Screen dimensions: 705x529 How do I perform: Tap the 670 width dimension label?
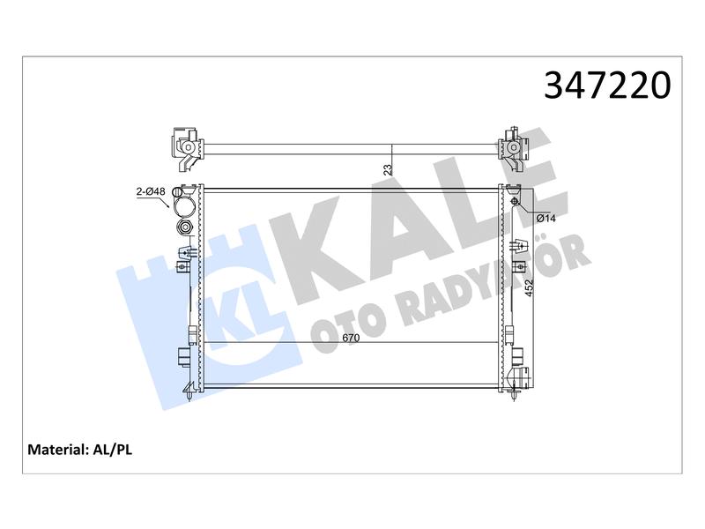[x=351, y=338]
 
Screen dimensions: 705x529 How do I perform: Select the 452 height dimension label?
[x=529, y=288]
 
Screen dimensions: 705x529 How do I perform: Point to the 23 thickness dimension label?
[x=388, y=169]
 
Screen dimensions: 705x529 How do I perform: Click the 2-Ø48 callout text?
[x=151, y=191]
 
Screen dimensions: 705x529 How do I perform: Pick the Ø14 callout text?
[x=546, y=219]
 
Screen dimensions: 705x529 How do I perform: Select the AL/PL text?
[x=112, y=450]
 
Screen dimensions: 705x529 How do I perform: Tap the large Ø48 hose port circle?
[x=185, y=207]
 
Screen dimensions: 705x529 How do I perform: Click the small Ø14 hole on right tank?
[x=515, y=201]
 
